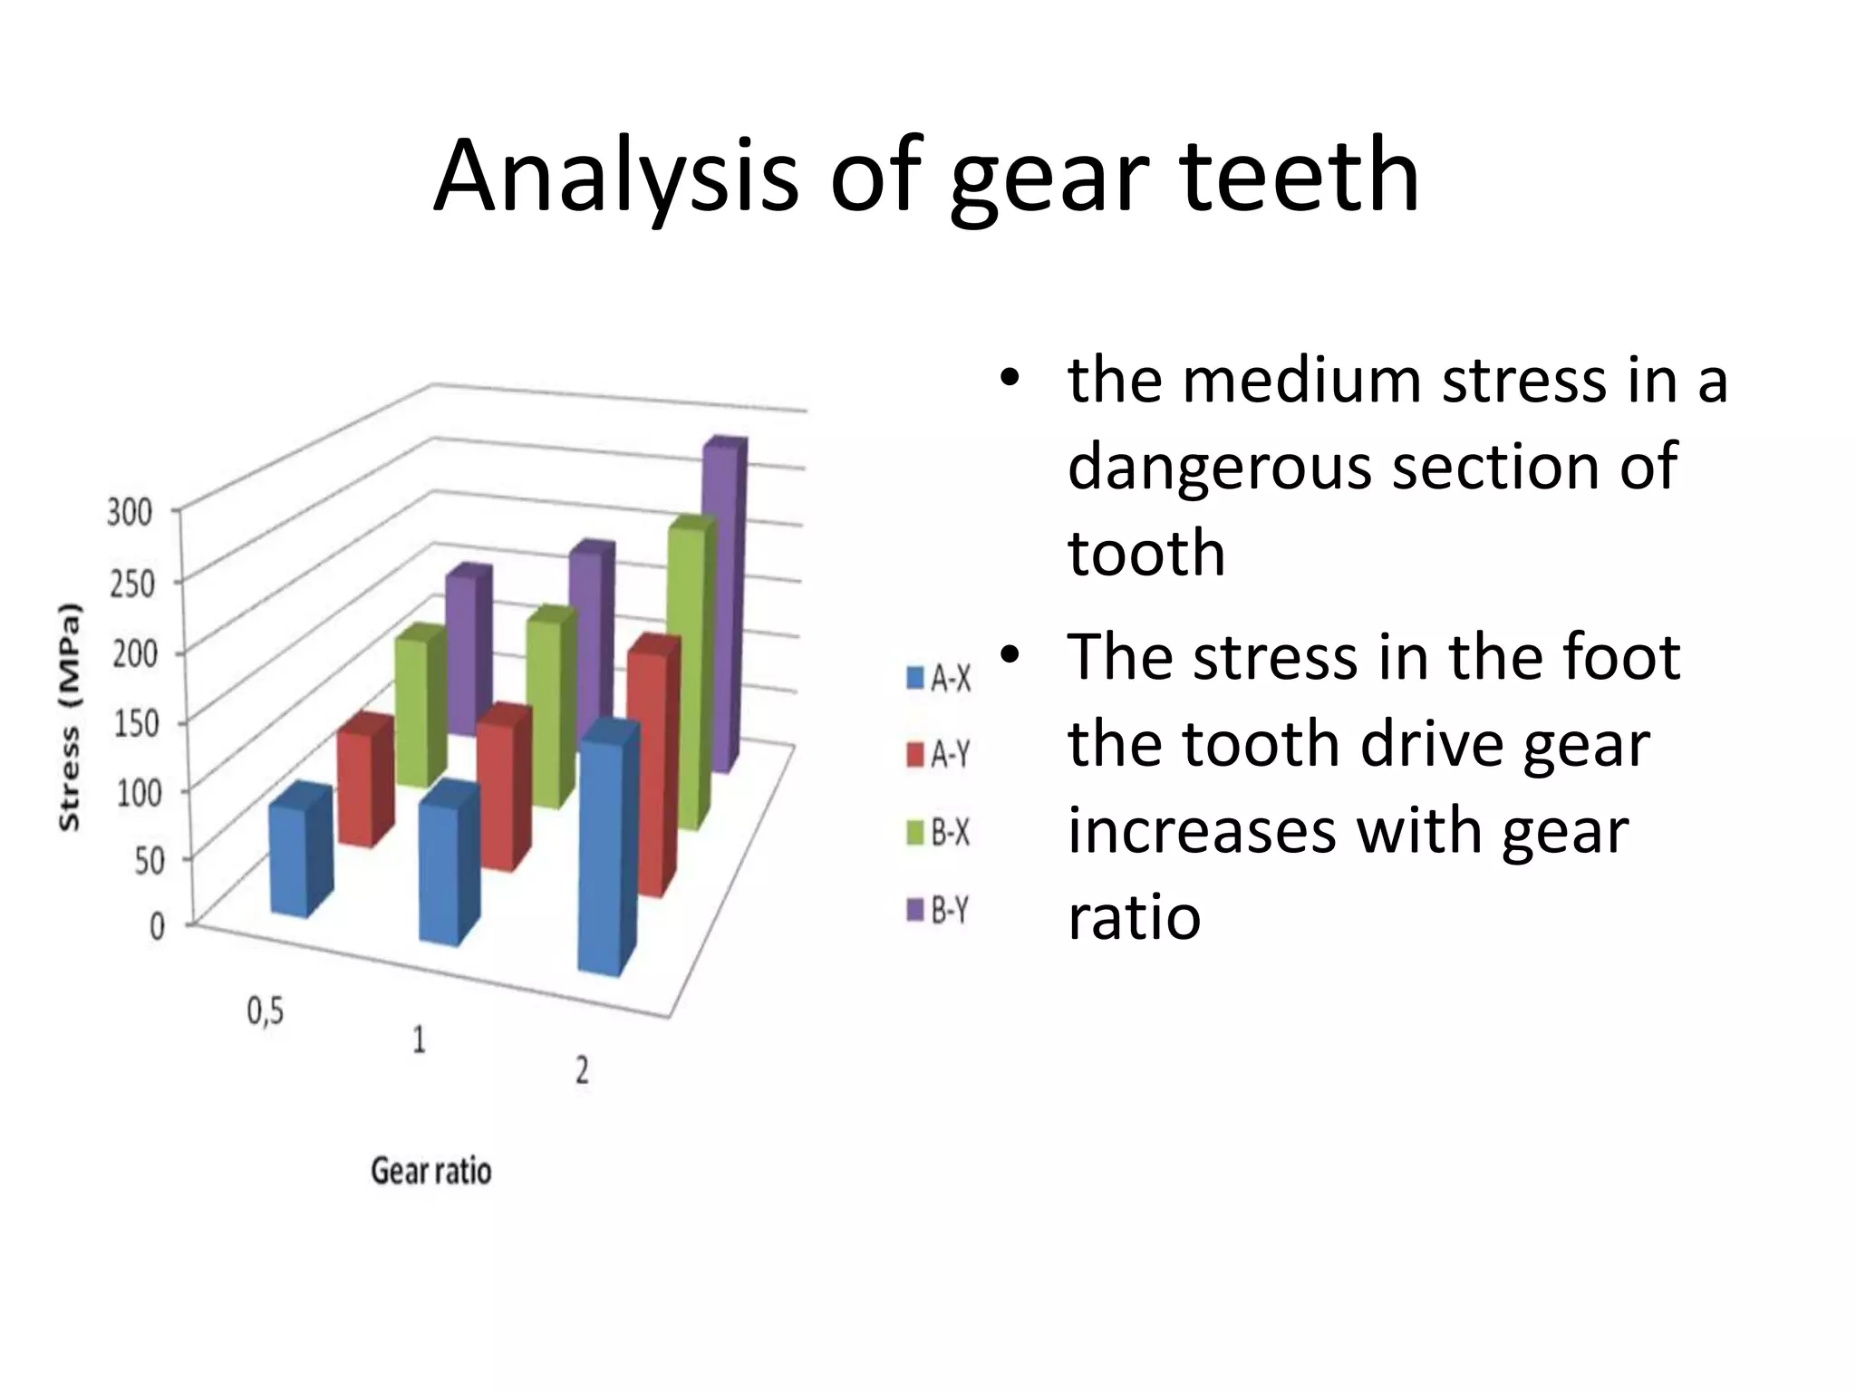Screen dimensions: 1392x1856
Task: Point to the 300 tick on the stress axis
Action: (130, 513)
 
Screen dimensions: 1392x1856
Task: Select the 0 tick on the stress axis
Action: (157, 926)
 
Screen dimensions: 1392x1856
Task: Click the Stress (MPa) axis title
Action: (70, 717)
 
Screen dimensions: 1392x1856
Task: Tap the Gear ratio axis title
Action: (431, 1171)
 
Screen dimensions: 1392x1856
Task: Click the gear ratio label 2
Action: (583, 1071)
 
